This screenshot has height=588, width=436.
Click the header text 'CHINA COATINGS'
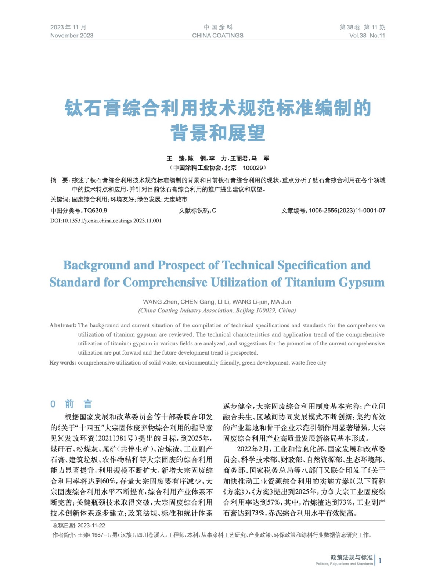(x=217, y=36)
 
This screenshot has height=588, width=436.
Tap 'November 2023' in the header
(x=72, y=36)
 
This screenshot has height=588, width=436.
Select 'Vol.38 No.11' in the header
(x=367, y=36)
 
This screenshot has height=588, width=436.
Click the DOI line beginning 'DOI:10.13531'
(x=106, y=221)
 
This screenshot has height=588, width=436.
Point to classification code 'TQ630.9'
(x=96, y=211)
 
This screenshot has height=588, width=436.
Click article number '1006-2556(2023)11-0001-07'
(x=347, y=211)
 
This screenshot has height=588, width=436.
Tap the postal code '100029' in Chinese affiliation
(x=253, y=168)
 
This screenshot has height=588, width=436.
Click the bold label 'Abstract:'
(x=63, y=325)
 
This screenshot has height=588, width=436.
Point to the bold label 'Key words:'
(x=63, y=363)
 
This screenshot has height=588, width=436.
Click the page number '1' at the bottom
(x=380, y=560)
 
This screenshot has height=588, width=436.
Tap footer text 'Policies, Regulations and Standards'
(x=344, y=564)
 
